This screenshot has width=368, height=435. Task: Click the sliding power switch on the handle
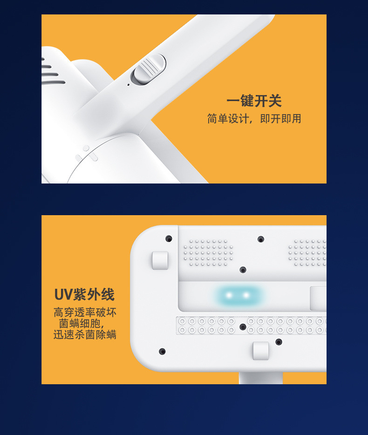click(x=149, y=70)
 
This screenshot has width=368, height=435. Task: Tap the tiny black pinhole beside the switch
click(x=129, y=85)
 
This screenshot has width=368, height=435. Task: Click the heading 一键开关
click(x=254, y=101)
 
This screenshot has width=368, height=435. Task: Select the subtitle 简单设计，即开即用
click(x=254, y=119)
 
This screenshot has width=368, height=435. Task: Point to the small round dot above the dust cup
click(x=86, y=148)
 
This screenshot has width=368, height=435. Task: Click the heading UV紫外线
click(x=84, y=295)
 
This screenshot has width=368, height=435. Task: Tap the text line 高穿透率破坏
click(x=85, y=313)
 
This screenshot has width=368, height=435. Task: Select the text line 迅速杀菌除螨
click(x=85, y=335)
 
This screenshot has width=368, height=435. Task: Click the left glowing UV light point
click(x=229, y=295)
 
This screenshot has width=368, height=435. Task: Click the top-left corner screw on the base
click(x=169, y=238)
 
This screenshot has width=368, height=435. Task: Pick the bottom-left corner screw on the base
click(x=162, y=351)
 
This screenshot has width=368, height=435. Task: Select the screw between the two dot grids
click(x=261, y=239)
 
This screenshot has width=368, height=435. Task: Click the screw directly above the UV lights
click(x=243, y=270)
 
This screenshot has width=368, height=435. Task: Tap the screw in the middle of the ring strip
click(x=243, y=327)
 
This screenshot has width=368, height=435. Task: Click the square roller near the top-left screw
click(x=160, y=260)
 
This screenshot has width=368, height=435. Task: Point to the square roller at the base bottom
click(x=261, y=351)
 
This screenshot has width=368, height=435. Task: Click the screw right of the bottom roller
click(x=279, y=342)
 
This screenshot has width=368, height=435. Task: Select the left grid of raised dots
click(x=208, y=253)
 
